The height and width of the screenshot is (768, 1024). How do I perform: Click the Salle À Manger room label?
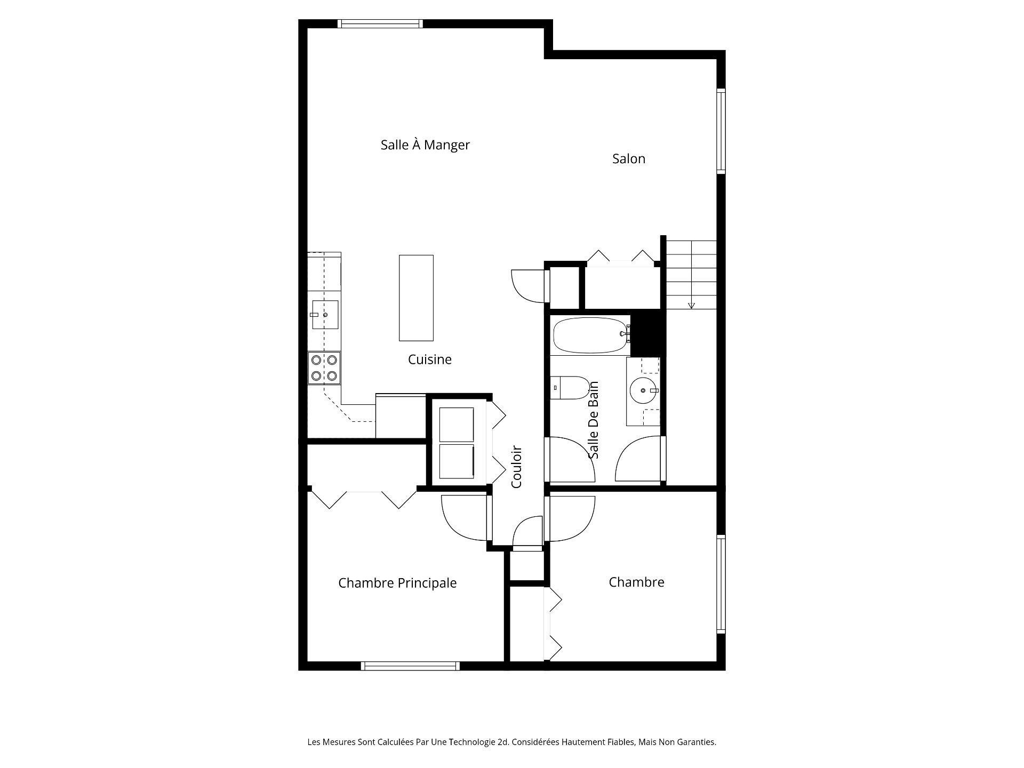(425, 145)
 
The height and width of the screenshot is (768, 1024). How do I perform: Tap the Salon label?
(629, 158)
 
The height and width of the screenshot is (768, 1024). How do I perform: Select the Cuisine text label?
(430, 359)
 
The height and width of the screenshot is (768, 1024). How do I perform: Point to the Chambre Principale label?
(397, 583)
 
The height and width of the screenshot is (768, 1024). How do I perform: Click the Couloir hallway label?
(516, 467)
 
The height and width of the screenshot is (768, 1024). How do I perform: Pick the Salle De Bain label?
(594, 420)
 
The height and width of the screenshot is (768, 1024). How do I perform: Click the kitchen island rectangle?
(416, 298)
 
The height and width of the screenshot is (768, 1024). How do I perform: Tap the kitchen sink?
(325, 315)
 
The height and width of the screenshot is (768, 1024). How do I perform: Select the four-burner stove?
(324, 368)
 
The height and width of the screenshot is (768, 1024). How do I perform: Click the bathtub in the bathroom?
(590, 336)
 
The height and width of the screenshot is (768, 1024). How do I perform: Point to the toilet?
(570, 388)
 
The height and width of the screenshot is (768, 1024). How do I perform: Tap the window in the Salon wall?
(721, 131)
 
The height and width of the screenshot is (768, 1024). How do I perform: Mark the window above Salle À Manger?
(380, 23)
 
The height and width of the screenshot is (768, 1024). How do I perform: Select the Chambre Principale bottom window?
(410, 666)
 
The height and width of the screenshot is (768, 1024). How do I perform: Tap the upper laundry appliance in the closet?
(456, 425)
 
